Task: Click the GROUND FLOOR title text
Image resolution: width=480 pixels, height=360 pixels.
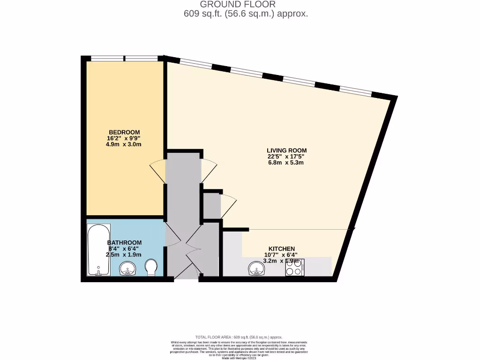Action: coord(241,4)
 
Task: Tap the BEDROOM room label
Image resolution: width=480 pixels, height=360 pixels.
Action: coord(124,132)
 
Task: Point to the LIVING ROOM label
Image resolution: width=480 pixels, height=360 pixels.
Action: coord(287,150)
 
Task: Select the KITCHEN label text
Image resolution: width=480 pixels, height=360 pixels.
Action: coord(281,248)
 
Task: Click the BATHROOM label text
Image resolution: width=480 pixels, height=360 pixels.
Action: coord(124,242)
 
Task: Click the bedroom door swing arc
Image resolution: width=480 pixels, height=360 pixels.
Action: coord(158,172)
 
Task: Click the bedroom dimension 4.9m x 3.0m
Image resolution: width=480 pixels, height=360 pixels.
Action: coord(124,144)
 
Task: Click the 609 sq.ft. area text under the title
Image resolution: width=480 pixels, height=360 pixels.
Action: coord(246,14)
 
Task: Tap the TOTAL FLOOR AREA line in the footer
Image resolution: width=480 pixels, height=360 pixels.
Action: coord(239,337)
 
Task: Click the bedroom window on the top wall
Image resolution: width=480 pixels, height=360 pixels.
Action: coord(124,59)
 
